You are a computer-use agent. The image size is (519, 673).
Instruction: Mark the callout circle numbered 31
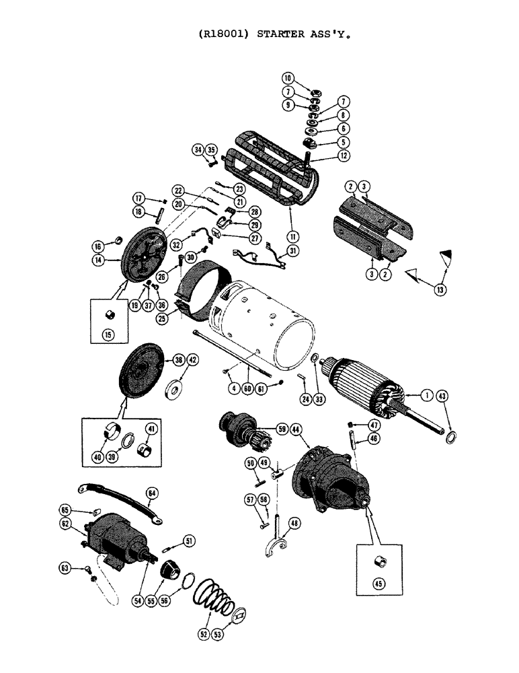coord(292,252)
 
